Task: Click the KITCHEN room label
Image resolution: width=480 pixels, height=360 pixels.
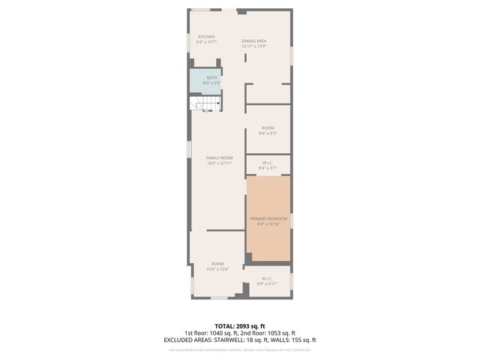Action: (206, 37)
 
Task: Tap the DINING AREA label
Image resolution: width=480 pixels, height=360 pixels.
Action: (254, 40)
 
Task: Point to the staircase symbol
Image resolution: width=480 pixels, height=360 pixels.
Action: (205, 103)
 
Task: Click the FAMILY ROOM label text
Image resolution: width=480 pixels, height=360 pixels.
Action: (220, 157)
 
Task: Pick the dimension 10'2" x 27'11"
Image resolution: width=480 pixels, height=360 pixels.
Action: (220, 163)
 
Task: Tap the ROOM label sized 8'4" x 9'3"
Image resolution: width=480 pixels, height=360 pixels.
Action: (268, 128)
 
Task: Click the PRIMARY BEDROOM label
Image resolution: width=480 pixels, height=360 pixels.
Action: (268, 218)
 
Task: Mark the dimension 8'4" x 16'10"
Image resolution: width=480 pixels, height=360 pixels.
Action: (268, 223)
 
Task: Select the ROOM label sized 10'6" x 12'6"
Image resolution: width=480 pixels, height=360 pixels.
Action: (217, 263)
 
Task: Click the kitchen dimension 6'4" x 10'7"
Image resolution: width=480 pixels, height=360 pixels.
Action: (206, 42)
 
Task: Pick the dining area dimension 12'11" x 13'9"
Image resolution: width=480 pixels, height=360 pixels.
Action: (254, 46)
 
